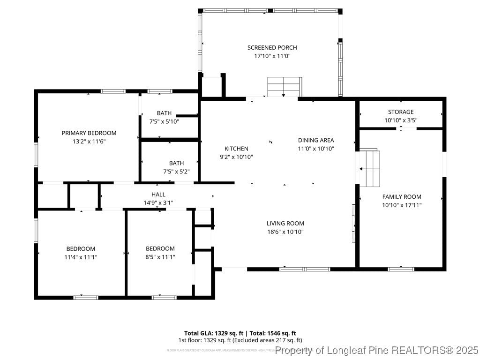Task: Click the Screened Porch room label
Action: pos(272,47)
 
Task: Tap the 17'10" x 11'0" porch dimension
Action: pos(272,56)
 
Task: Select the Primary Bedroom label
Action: pos(89,133)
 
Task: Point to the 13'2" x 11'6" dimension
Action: pos(89,141)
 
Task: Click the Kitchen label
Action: pos(236,149)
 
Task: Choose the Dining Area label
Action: pos(316,140)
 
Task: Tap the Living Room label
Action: pos(285,224)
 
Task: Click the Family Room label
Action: pos(402,197)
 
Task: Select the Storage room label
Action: pos(401,112)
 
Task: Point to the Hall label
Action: pos(158,195)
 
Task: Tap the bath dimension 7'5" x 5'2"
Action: pos(163,172)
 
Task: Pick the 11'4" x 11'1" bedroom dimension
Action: pos(81,257)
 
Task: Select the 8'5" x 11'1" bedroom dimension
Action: pos(160,257)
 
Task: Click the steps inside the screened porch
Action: pos(284,87)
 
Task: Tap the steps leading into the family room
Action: pos(369,167)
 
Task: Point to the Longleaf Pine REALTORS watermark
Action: pos(377,350)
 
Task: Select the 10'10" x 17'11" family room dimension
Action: pos(402,205)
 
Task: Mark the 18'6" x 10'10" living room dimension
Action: pos(285,232)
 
